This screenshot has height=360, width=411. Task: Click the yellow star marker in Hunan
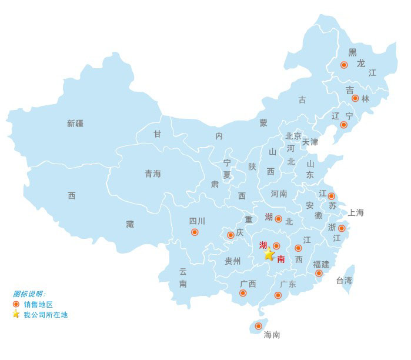pos(269,254)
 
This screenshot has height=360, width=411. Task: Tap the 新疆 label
pos(75,124)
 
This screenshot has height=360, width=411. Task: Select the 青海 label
pos(153,174)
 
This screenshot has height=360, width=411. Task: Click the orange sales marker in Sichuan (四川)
pos(195,232)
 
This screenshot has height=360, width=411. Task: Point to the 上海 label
pos(356,212)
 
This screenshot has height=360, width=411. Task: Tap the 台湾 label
pos(345,281)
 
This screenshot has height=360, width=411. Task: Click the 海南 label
pos(272,335)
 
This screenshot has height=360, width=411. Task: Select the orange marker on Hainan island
pos(258,326)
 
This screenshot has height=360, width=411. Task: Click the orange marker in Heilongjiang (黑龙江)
pos(344,65)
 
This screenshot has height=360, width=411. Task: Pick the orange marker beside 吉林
pos(355,98)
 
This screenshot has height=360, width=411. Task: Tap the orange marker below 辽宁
pos(344,125)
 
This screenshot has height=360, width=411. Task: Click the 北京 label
pos(293,136)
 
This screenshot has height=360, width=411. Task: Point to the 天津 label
pos(310,142)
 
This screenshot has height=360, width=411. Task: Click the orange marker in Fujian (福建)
pos(319,273)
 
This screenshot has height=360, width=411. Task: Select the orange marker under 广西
pos(243,293)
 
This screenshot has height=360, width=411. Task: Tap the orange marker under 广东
pos(278,295)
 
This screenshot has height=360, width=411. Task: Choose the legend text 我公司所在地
pos(45,315)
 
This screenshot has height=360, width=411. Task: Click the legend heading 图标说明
pos(29,294)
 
